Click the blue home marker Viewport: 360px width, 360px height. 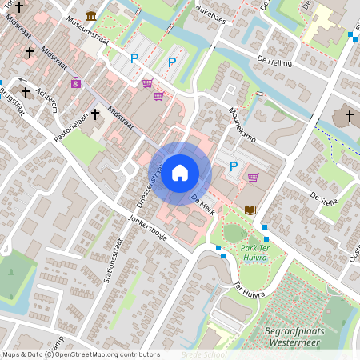coord(180,172)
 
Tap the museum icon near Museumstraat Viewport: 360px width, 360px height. coord(92,17)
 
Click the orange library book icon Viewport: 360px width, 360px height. coord(250,210)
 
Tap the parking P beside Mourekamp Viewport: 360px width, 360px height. coord(234,166)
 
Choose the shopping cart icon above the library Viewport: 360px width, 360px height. coord(253,178)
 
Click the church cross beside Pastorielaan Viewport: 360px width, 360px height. coord(94,114)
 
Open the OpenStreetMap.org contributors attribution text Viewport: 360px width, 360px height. coord(103,354)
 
